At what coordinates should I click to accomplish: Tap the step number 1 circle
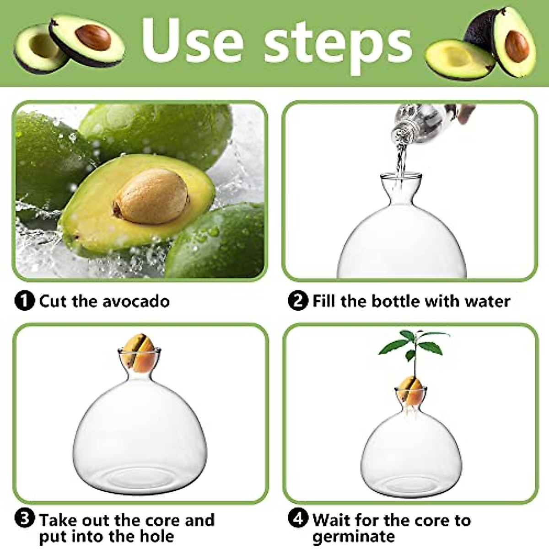point(25,301)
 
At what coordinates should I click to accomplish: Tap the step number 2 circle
point(298,301)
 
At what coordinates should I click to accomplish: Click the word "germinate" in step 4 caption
point(353,536)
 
